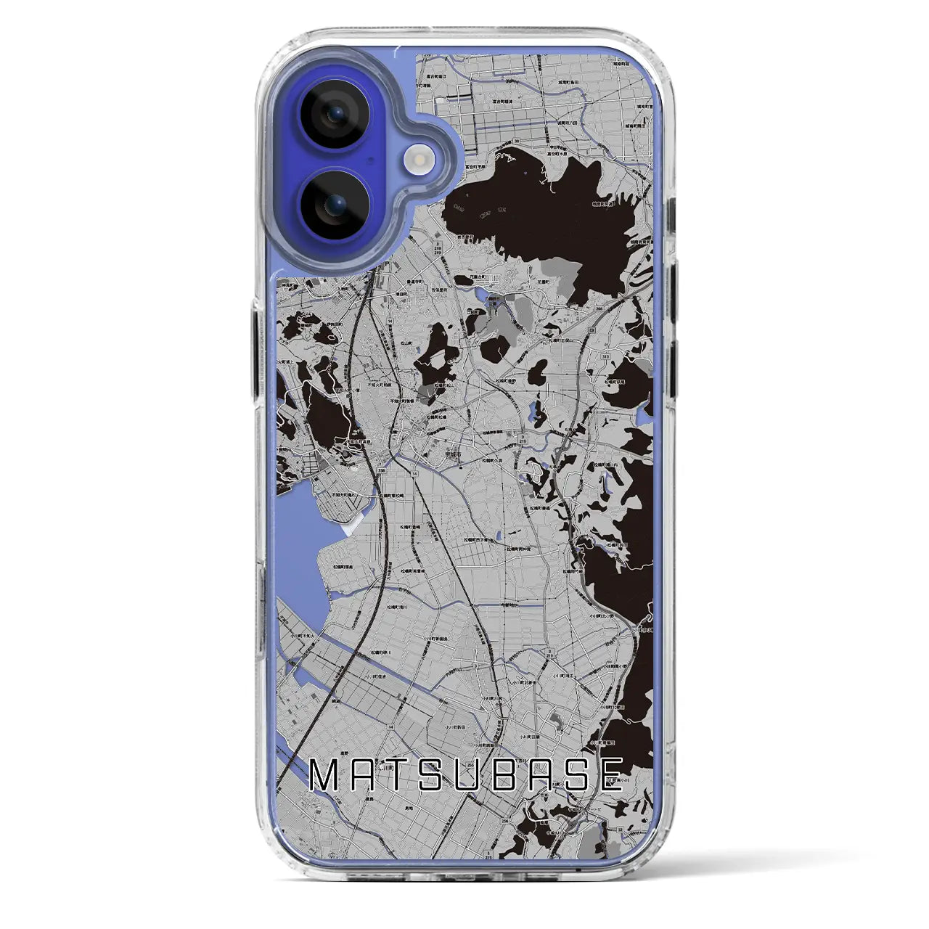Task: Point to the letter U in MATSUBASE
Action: [x=462, y=775]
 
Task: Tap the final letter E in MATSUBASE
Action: [x=607, y=775]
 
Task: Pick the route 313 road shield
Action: [x=605, y=357]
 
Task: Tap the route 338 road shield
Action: [x=381, y=470]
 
